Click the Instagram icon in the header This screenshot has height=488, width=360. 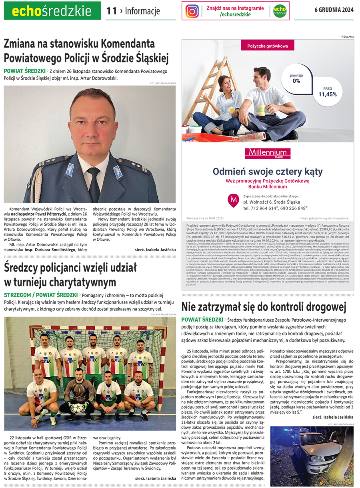tap(192, 11)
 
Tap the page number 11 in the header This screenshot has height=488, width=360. tap(111, 11)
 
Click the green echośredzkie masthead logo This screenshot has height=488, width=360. tap(52, 11)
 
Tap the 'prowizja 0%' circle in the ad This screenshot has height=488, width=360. tap(296, 78)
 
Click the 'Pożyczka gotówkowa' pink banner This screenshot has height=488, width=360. tap(268, 46)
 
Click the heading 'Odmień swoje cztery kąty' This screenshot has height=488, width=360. tap(268, 172)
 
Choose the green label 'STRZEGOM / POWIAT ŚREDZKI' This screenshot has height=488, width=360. tap(41, 295)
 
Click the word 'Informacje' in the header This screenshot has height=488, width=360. tap(142, 11)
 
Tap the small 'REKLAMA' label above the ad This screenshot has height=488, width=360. tap(348, 37)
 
